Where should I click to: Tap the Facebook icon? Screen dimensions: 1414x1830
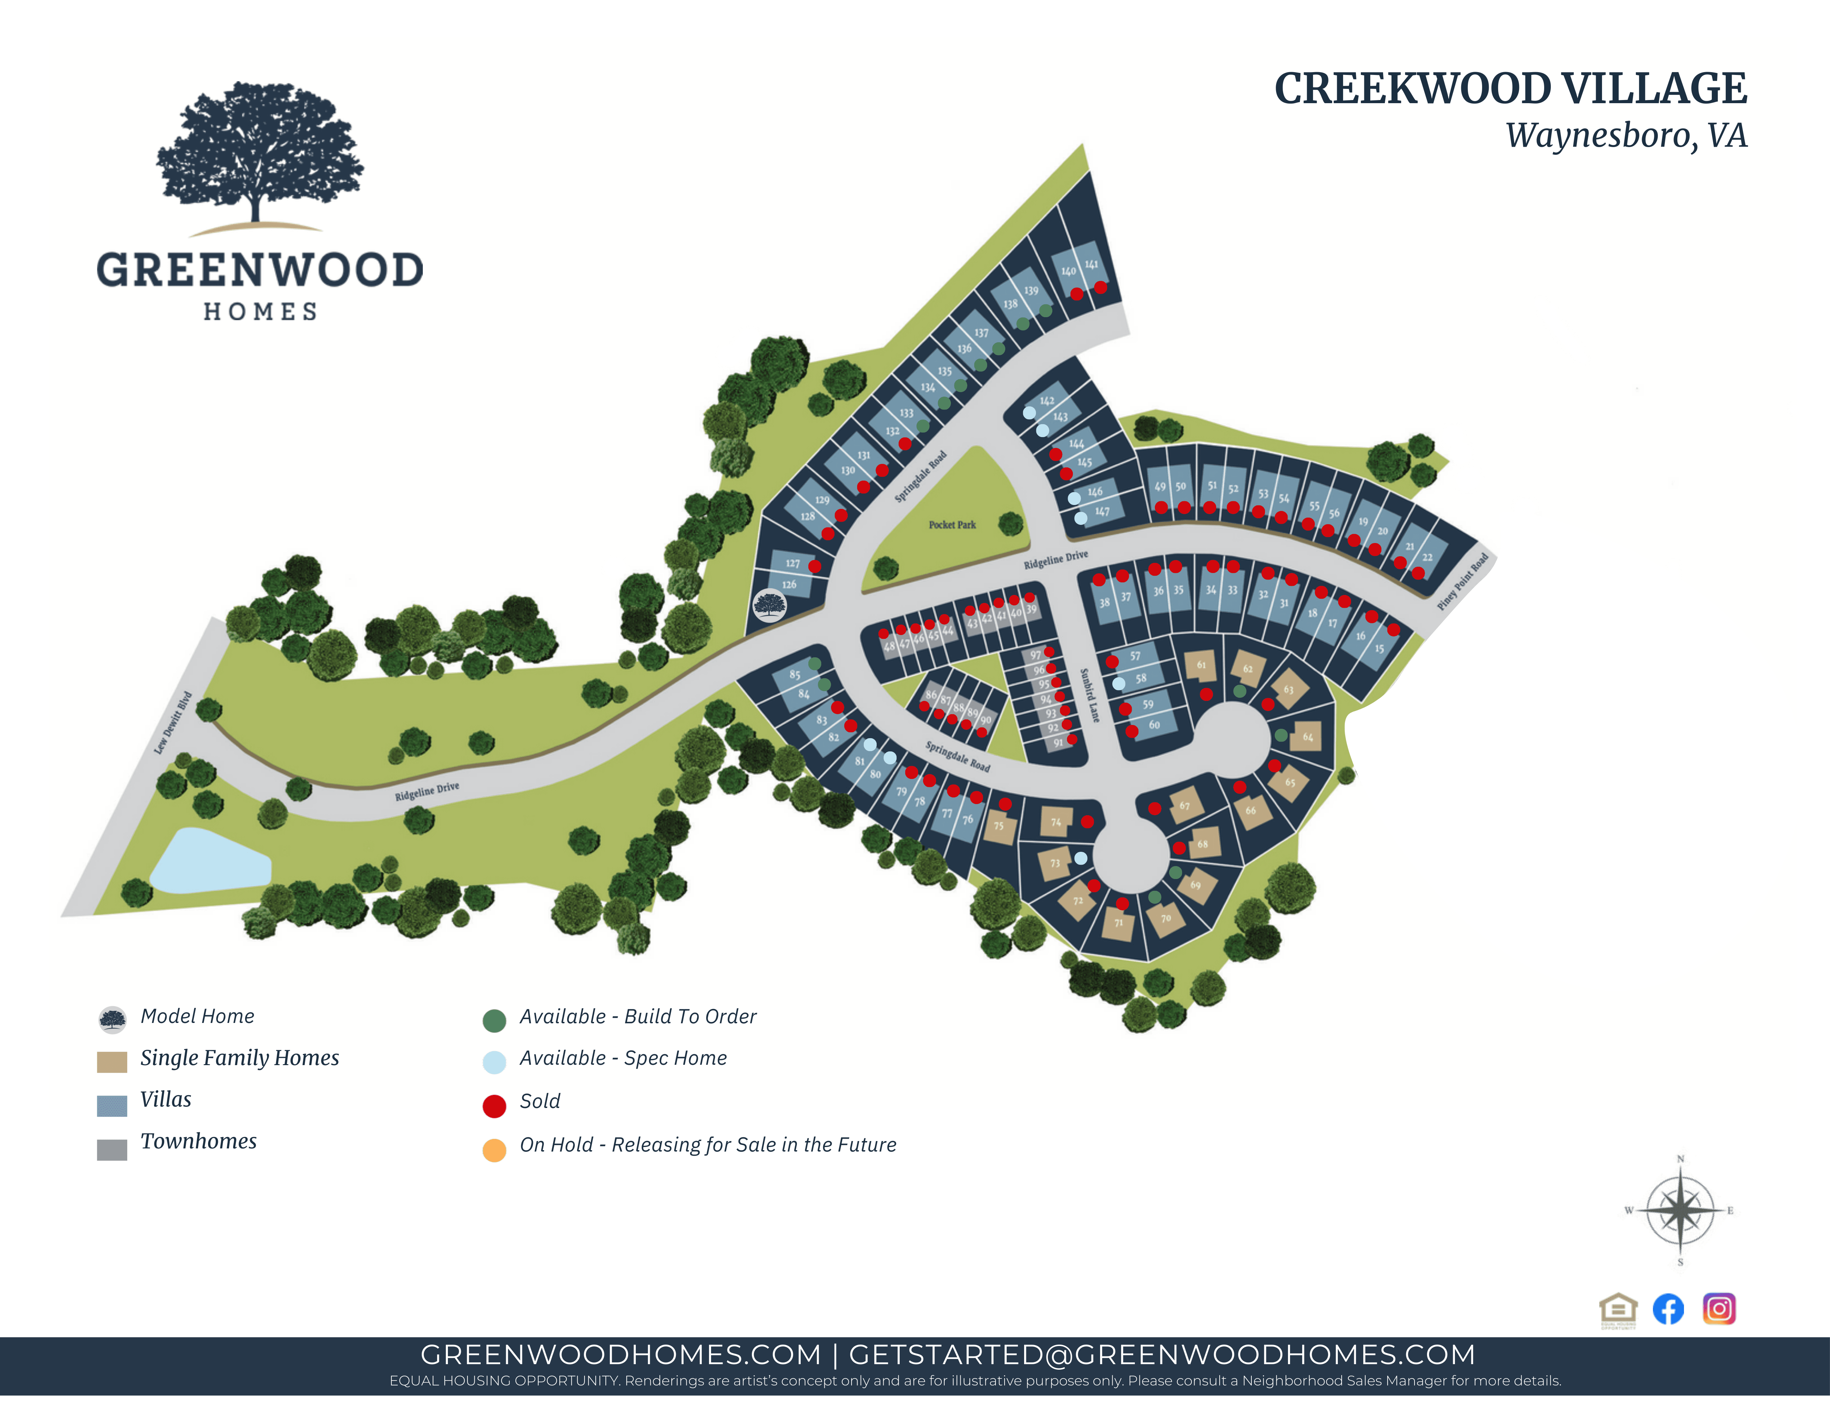pyautogui.click(x=1668, y=1308)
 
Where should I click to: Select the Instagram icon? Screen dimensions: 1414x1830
pyautogui.click(x=1718, y=1308)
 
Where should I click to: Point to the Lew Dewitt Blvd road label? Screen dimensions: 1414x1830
pyautogui.click(x=174, y=722)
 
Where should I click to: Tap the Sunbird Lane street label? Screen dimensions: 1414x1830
pyautogui.click(x=1089, y=695)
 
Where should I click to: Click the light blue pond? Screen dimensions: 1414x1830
pyautogui.click(x=209, y=863)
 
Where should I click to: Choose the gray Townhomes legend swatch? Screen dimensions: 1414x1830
pyautogui.click(x=112, y=1149)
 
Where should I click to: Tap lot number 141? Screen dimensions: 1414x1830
pyautogui.click(x=1091, y=265)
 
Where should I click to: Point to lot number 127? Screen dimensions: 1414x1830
pyautogui.click(x=793, y=563)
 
